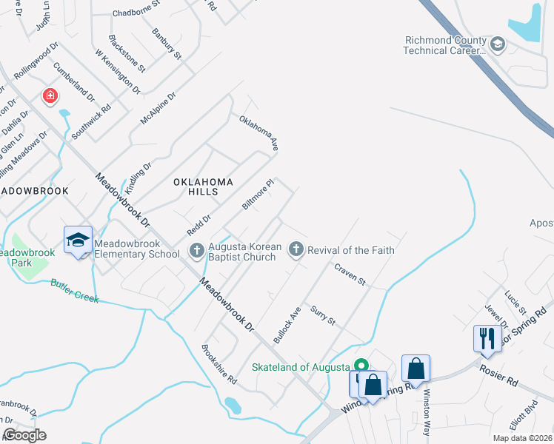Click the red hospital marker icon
(x=50, y=96)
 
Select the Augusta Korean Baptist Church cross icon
(x=197, y=250)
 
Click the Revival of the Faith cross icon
(x=296, y=250)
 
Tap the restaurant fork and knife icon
(x=487, y=337)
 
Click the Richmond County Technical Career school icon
(x=498, y=45)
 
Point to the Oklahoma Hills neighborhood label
(x=203, y=186)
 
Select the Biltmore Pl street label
(x=258, y=194)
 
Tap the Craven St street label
(x=350, y=274)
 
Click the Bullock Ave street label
(x=287, y=324)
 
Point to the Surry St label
(x=323, y=316)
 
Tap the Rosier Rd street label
(x=498, y=375)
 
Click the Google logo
(x=24, y=435)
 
